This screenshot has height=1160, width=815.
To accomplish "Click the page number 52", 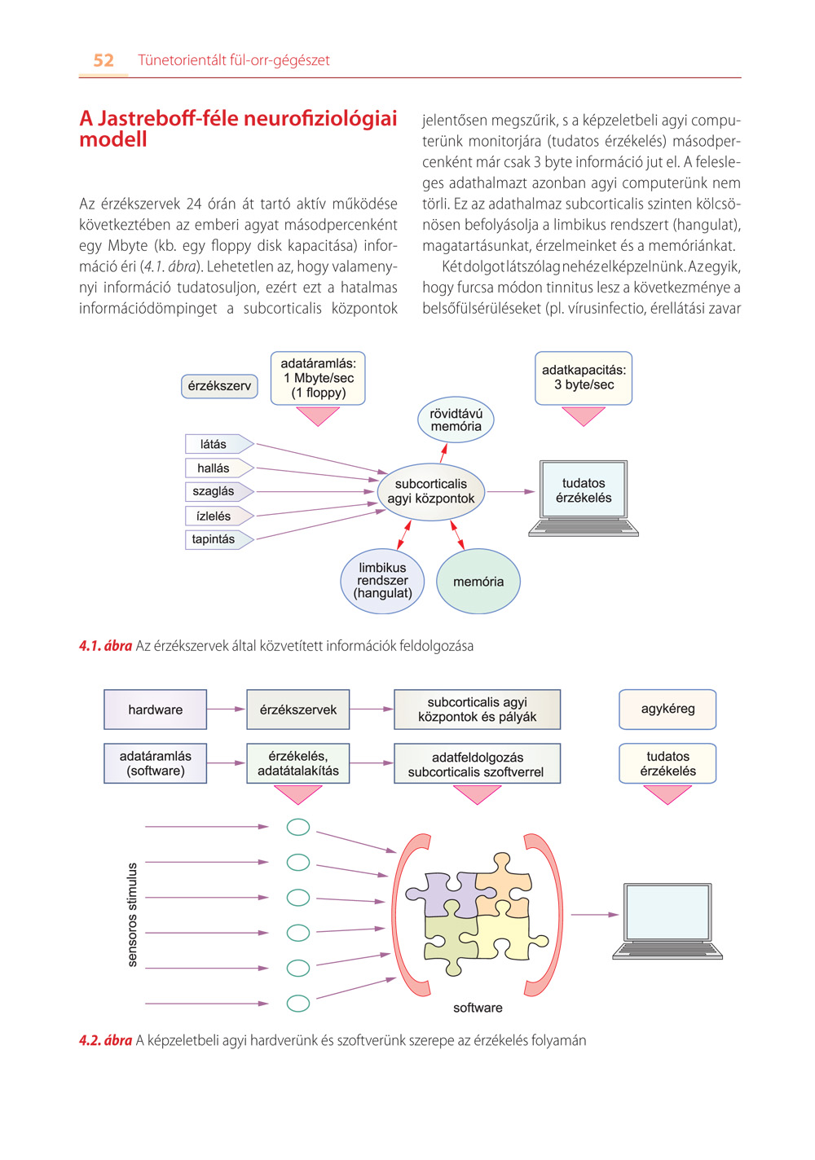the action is pos(104,60).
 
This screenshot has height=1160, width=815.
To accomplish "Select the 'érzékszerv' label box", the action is pos(219,386).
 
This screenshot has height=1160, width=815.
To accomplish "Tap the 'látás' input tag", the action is pos(219,444).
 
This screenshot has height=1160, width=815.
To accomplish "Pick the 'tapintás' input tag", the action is pos(219,539).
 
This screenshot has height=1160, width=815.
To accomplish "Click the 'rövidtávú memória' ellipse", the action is pos(456,420).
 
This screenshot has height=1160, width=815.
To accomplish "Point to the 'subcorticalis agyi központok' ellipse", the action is pos(430,491).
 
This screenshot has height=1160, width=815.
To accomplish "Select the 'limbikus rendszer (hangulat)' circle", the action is pos(382,581).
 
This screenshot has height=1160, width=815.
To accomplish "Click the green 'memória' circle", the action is pos(478,581).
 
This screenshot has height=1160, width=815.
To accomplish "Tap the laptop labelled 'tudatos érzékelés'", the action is pos(584,498).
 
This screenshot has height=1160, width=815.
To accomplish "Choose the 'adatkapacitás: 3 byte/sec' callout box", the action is pos(584,378).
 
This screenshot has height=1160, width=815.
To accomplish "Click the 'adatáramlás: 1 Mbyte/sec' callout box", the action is pos(318,378).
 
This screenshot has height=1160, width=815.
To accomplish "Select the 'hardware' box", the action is pos(155,709).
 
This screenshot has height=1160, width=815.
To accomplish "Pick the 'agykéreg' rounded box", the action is pos(667,709).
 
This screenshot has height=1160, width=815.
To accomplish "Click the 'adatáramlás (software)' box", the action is pos(155,763).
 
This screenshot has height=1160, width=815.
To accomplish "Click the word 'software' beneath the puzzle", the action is pos(478,1008).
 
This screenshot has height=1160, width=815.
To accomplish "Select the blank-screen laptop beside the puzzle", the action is pos(667,921).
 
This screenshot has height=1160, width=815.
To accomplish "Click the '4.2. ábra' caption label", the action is pos(105,1040).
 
